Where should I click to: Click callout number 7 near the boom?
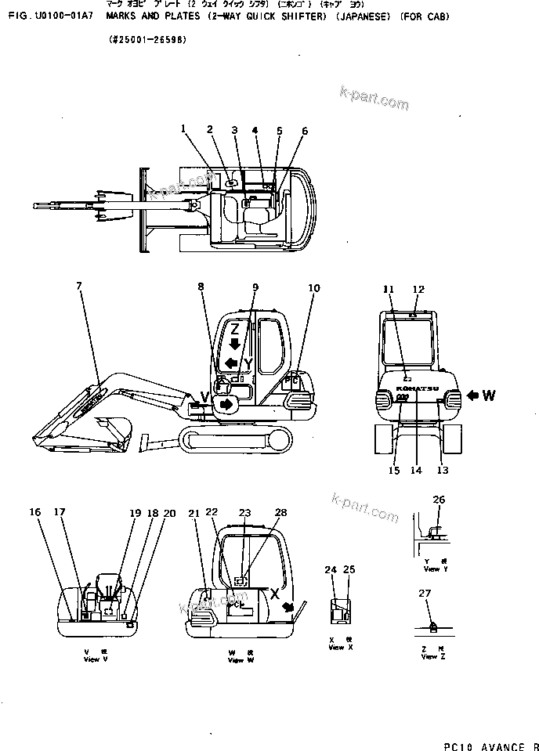click(x=78, y=287)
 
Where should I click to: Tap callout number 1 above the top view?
click(x=183, y=128)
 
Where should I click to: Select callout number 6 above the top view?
click(x=305, y=131)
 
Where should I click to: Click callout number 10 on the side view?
click(x=313, y=288)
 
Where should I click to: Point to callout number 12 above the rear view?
click(x=418, y=290)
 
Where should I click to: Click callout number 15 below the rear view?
click(x=394, y=471)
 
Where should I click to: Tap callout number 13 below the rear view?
click(x=443, y=471)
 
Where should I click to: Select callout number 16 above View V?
click(x=35, y=512)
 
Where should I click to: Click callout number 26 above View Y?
click(x=439, y=500)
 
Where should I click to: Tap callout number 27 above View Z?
click(x=425, y=594)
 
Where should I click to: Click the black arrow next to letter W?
click(x=472, y=396)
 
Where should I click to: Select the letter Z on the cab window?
click(x=234, y=329)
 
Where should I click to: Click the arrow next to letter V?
click(x=226, y=403)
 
